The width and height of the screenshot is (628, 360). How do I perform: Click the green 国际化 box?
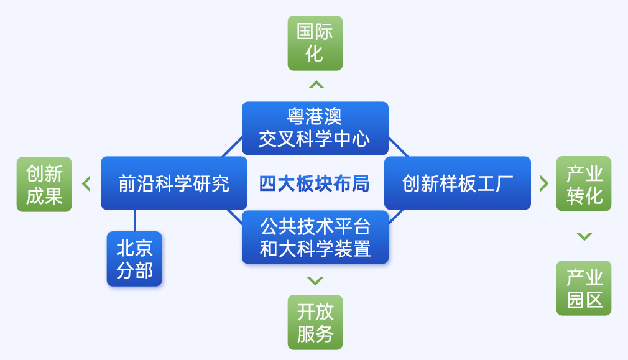pos(315,44)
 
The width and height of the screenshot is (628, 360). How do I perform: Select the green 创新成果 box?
pos(44,184)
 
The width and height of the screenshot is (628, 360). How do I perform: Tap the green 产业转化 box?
pos(584,184)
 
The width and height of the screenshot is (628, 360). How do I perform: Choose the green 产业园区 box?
pos(584,288)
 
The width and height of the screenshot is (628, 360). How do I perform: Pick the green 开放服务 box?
pos(315,322)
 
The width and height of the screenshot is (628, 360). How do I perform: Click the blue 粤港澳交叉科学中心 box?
pos(315,128)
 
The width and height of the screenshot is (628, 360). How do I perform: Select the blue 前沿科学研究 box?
pos(174,183)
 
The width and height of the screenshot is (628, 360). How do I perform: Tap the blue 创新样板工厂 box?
pos(458,183)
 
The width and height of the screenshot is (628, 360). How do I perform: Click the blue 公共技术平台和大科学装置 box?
pos(315,237)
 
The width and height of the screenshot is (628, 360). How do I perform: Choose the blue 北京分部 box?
pos(134,259)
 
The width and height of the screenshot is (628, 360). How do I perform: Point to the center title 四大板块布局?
pos(315,184)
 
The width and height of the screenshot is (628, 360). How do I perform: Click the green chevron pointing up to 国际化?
pos(316,85)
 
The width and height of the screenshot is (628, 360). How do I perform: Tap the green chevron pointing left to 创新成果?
pos(86,184)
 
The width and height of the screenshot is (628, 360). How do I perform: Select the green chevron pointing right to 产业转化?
pos(544,183)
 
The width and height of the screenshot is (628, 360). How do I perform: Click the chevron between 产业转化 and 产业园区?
pos(584,236)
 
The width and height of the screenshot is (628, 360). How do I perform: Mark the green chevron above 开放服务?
pos(315,280)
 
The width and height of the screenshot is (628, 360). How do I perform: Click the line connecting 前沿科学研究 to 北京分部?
pos(134,220)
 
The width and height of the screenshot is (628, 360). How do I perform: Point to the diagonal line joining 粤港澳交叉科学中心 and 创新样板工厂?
pos(399,147)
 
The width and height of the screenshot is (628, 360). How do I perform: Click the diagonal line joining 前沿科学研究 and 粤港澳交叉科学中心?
pos(232,147)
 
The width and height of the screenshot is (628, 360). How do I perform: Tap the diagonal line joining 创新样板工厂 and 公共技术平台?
pos(395,216)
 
